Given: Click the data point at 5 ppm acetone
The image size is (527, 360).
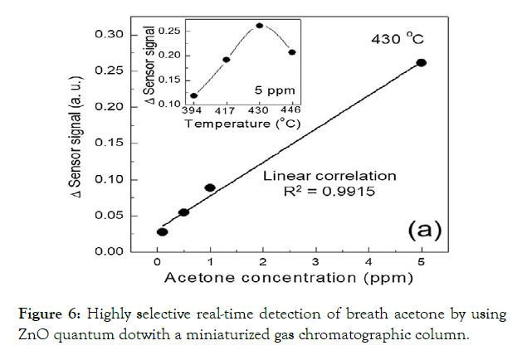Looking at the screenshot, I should pos(421,62).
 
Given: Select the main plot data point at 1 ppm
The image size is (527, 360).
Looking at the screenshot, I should pos(210,187).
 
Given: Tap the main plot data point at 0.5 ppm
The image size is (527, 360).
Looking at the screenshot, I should pos(183,212).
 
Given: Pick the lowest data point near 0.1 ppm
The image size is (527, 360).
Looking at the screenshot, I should pos(163,231).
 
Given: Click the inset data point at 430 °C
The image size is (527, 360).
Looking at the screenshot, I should pos(260,26).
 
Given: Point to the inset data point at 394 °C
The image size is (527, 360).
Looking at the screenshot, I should pos(194,95).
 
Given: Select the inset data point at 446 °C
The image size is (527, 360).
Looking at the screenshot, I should pos(292,52).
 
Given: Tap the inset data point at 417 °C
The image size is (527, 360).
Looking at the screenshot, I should pos(226,60).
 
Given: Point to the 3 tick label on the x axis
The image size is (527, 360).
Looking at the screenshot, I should pos(316,264).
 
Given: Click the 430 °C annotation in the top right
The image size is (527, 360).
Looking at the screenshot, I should pos(398,38).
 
